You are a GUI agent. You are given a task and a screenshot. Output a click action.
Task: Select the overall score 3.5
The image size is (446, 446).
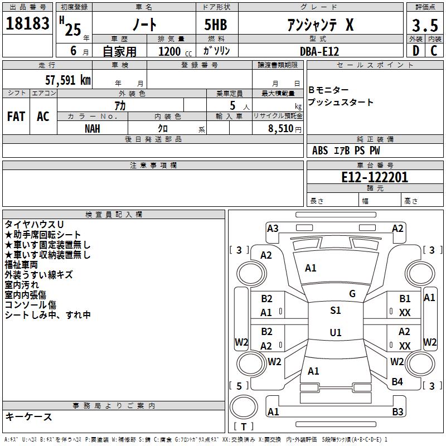tap(424, 26)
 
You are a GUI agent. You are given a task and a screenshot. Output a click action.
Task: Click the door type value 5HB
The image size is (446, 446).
tap(215, 25)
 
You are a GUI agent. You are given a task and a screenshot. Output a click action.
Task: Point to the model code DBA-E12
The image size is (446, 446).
tap(319, 51)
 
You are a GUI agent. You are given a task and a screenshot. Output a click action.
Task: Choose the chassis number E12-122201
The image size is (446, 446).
tap(375, 177)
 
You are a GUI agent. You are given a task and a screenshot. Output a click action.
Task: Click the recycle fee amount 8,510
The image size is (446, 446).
tap(281, 128)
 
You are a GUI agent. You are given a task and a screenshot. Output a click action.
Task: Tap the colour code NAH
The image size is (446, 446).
tap(93, 128)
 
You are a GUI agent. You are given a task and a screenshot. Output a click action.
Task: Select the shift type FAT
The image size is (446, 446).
tap(16, 117)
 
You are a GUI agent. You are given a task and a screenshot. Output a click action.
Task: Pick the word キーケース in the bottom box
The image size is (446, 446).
tap(28, 416)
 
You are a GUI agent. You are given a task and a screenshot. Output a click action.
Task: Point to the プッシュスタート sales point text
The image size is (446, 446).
tap(341, 103)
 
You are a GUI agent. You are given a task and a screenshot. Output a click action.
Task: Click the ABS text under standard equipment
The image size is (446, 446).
tap(320, 151)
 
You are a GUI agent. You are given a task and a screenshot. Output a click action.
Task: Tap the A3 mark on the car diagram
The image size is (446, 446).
tap(273, 228)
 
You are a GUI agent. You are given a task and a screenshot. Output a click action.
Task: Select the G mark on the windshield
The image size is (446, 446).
tap(352, 294)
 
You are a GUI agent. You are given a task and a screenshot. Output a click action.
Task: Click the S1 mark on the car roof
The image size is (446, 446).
tap(335, 311)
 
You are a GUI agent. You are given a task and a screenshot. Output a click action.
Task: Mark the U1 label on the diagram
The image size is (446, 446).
tap(335, 332)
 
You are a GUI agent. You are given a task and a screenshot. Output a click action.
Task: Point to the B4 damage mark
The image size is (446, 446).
tap(397, 382)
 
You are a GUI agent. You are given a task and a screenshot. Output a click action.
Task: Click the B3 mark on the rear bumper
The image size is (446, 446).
tap(397, 412)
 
